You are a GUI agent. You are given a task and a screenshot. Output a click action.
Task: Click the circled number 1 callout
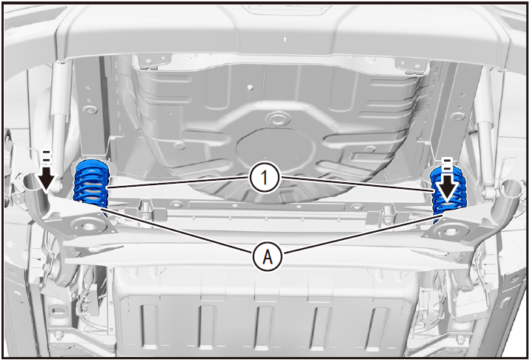(265, 177)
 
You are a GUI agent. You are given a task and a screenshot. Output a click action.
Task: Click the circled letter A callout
(268, 257)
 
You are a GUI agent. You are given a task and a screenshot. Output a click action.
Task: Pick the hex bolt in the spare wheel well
(278, 119)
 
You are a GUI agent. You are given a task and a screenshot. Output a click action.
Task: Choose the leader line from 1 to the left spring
(179, 181)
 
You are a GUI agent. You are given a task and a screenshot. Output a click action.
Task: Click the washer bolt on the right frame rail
(457, 116)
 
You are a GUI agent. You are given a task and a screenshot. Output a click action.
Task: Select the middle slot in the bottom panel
(265, 327)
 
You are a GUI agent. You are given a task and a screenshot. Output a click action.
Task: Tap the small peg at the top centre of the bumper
(286, 39)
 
